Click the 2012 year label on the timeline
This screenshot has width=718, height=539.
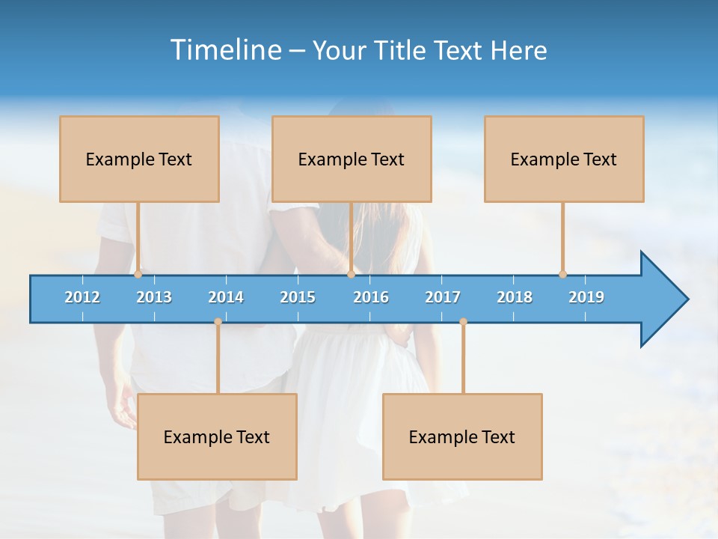[82, 297]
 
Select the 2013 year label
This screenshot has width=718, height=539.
[154, 297]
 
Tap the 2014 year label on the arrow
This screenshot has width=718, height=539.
[226, 297]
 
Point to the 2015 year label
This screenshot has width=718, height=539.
[298, 297]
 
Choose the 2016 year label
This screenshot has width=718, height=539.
[371, 297]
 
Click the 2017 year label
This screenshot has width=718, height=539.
[443, 297]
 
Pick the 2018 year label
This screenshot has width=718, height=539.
[515, 297]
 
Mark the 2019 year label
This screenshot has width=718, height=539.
[586, 297]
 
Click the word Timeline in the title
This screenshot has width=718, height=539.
[224, 50]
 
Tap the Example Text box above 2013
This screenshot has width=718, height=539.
[139, 159]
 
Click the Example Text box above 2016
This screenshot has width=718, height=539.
[352, 159]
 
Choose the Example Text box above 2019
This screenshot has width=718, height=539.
[564, 159]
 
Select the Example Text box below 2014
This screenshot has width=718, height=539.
[217, 436]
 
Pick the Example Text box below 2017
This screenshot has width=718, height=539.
[462, 436]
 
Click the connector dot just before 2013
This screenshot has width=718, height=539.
[138, 274]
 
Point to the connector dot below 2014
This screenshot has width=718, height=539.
[218, 322]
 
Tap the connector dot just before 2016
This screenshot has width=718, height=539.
[351, 274]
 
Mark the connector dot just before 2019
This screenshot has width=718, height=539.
[562, 274]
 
